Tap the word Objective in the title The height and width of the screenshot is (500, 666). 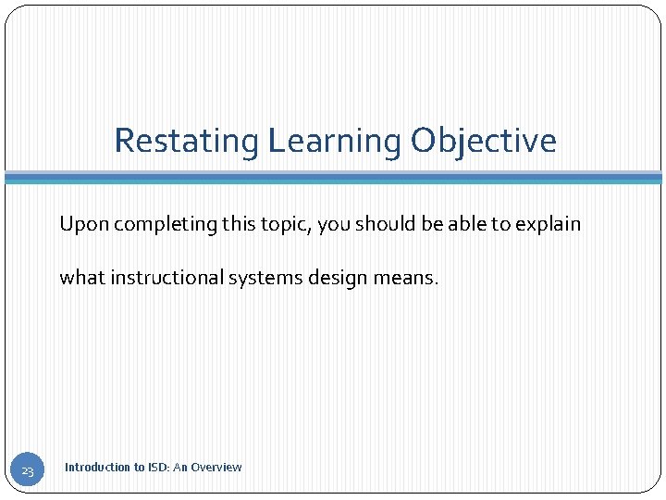coord(484,142)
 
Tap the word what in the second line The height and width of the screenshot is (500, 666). coord(82,277)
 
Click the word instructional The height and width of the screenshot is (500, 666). coord(166,277)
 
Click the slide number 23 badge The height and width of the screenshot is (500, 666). coord(27,472)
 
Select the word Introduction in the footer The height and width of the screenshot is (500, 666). coord(97,468)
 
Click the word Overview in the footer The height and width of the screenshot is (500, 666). coord(216,468)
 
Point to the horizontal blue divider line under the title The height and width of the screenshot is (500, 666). coord(333,177)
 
